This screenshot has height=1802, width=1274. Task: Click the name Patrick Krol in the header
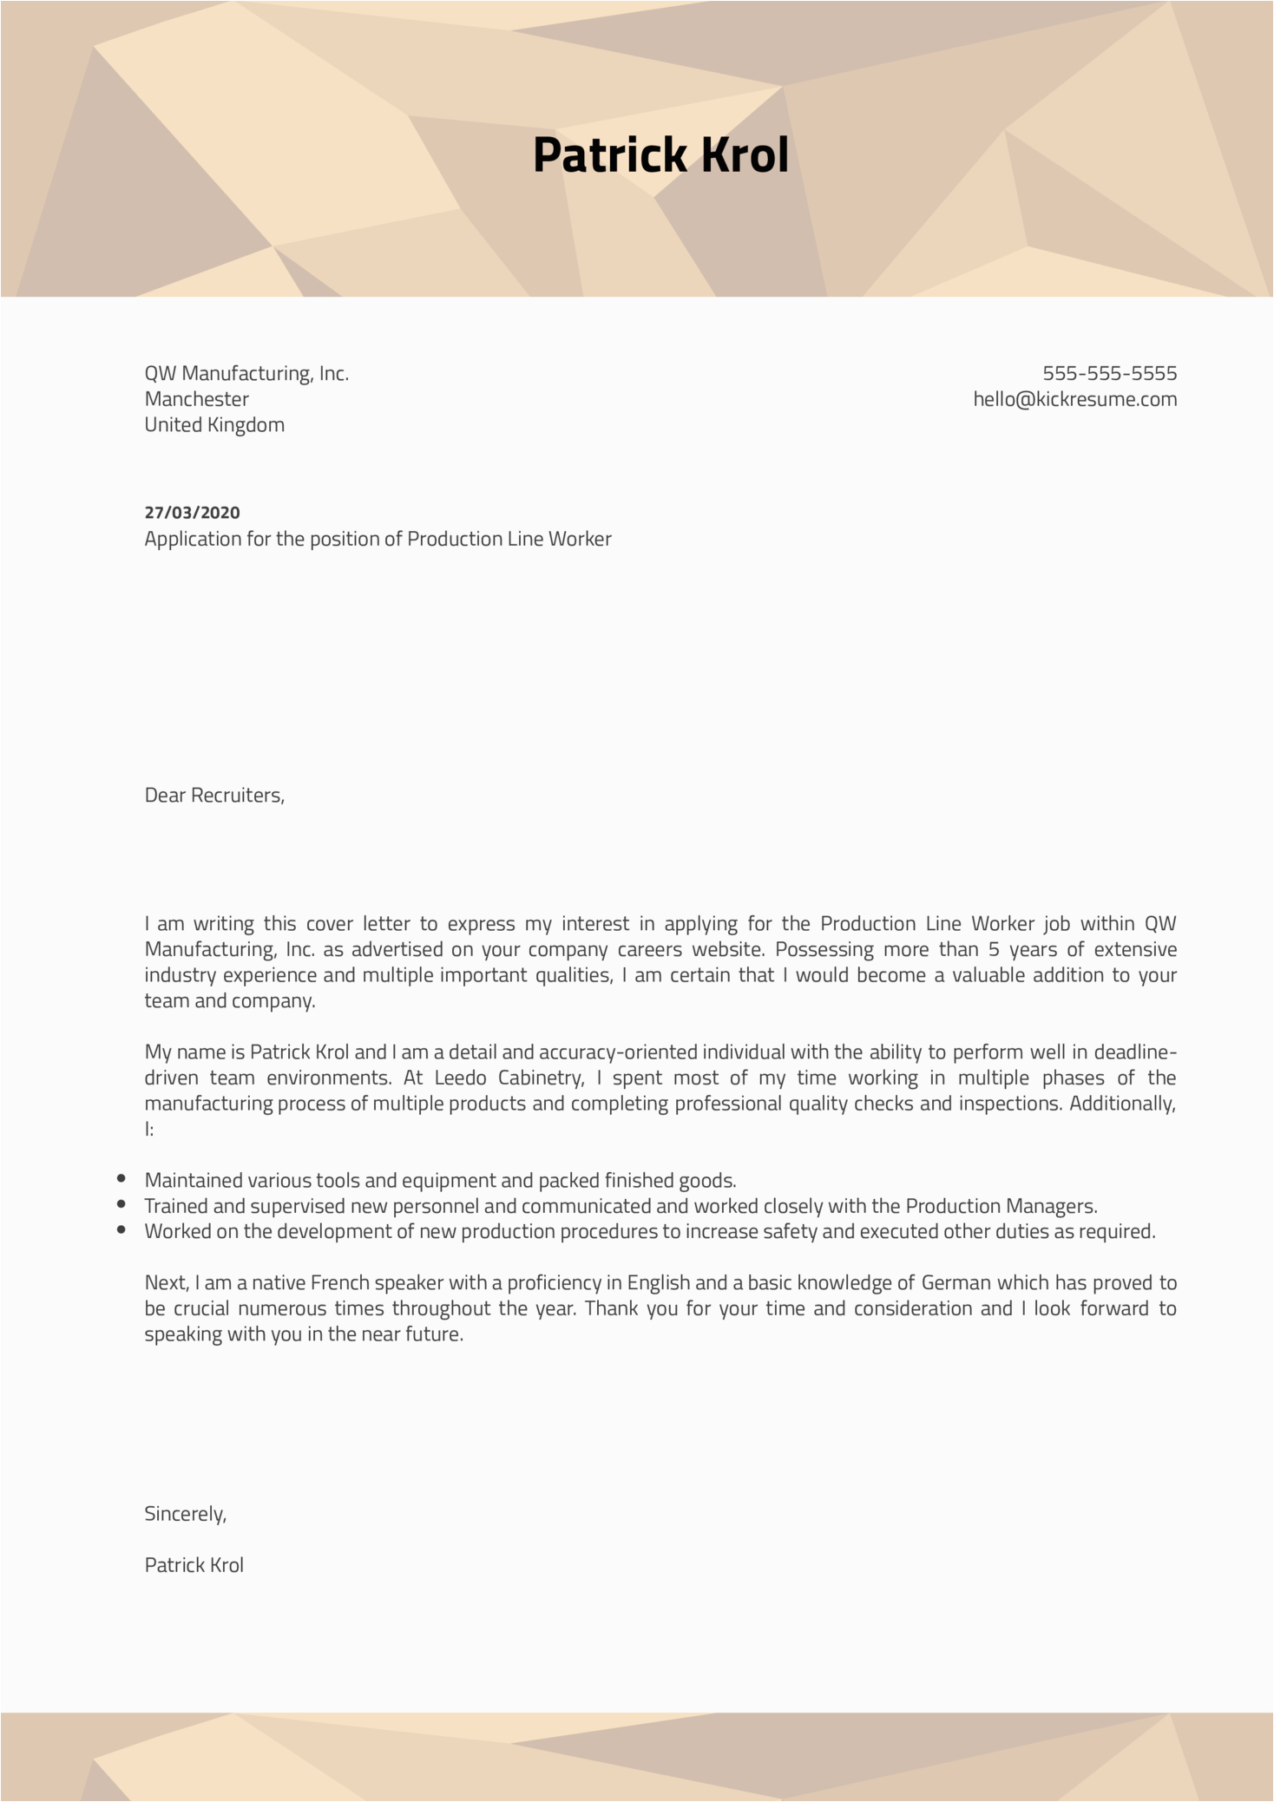pos(660,155)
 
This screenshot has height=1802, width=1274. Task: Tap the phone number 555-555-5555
pos(1109,374)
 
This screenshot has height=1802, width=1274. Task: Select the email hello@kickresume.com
pos(1074,400)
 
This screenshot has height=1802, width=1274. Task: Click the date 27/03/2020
pos(192,513)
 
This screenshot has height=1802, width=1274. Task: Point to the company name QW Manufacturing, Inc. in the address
pos(246,374)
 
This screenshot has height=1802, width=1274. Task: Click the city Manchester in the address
pos(196,400)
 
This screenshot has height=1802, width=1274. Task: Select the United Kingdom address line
pos(214,425)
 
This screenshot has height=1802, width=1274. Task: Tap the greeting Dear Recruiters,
pos(214,796)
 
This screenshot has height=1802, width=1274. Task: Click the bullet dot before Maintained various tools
pos(121,1179)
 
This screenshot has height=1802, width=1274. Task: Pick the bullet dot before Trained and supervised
pos(121,1204)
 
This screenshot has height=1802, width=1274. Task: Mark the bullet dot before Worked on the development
pos(121,1229)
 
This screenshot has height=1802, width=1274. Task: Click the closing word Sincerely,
pos(185,1514)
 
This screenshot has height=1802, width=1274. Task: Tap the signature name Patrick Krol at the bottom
pos(194,1565)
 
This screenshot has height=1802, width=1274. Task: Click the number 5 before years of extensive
pos(994,950)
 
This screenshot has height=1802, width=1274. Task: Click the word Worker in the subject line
pos(584,540)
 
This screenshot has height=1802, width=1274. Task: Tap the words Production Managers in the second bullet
pos(1001,1207)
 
